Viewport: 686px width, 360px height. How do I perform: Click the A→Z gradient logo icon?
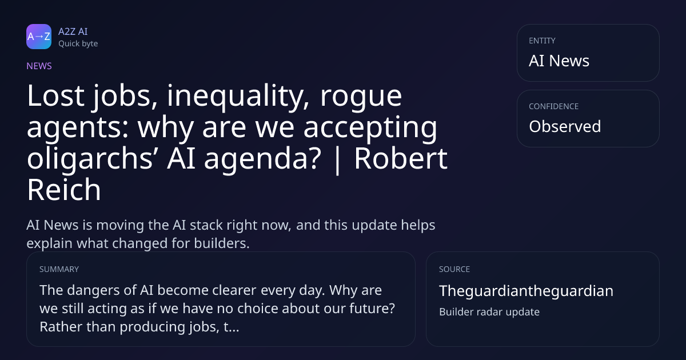[39, 37]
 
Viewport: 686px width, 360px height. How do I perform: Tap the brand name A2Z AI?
[73, 31]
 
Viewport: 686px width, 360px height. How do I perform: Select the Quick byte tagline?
[78, 44]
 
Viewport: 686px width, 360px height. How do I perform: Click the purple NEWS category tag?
[39, 66]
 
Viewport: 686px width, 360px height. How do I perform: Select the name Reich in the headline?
[63, 190]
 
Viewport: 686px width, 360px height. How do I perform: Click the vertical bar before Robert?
[337, 160]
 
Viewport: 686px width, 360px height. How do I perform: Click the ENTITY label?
[542, 41]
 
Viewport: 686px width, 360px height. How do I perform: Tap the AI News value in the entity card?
[559, 61]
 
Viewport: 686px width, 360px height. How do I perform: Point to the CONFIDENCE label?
[554, 106]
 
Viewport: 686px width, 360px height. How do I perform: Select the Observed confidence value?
[565, 126]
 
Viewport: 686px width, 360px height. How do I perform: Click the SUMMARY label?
[59, 269]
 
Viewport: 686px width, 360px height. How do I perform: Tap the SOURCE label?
[454, 269]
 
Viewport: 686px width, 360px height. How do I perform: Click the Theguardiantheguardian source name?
[526, 291]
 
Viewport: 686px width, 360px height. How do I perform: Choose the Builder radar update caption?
[489, 312]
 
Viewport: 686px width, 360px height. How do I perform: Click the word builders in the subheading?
[222, 243]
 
